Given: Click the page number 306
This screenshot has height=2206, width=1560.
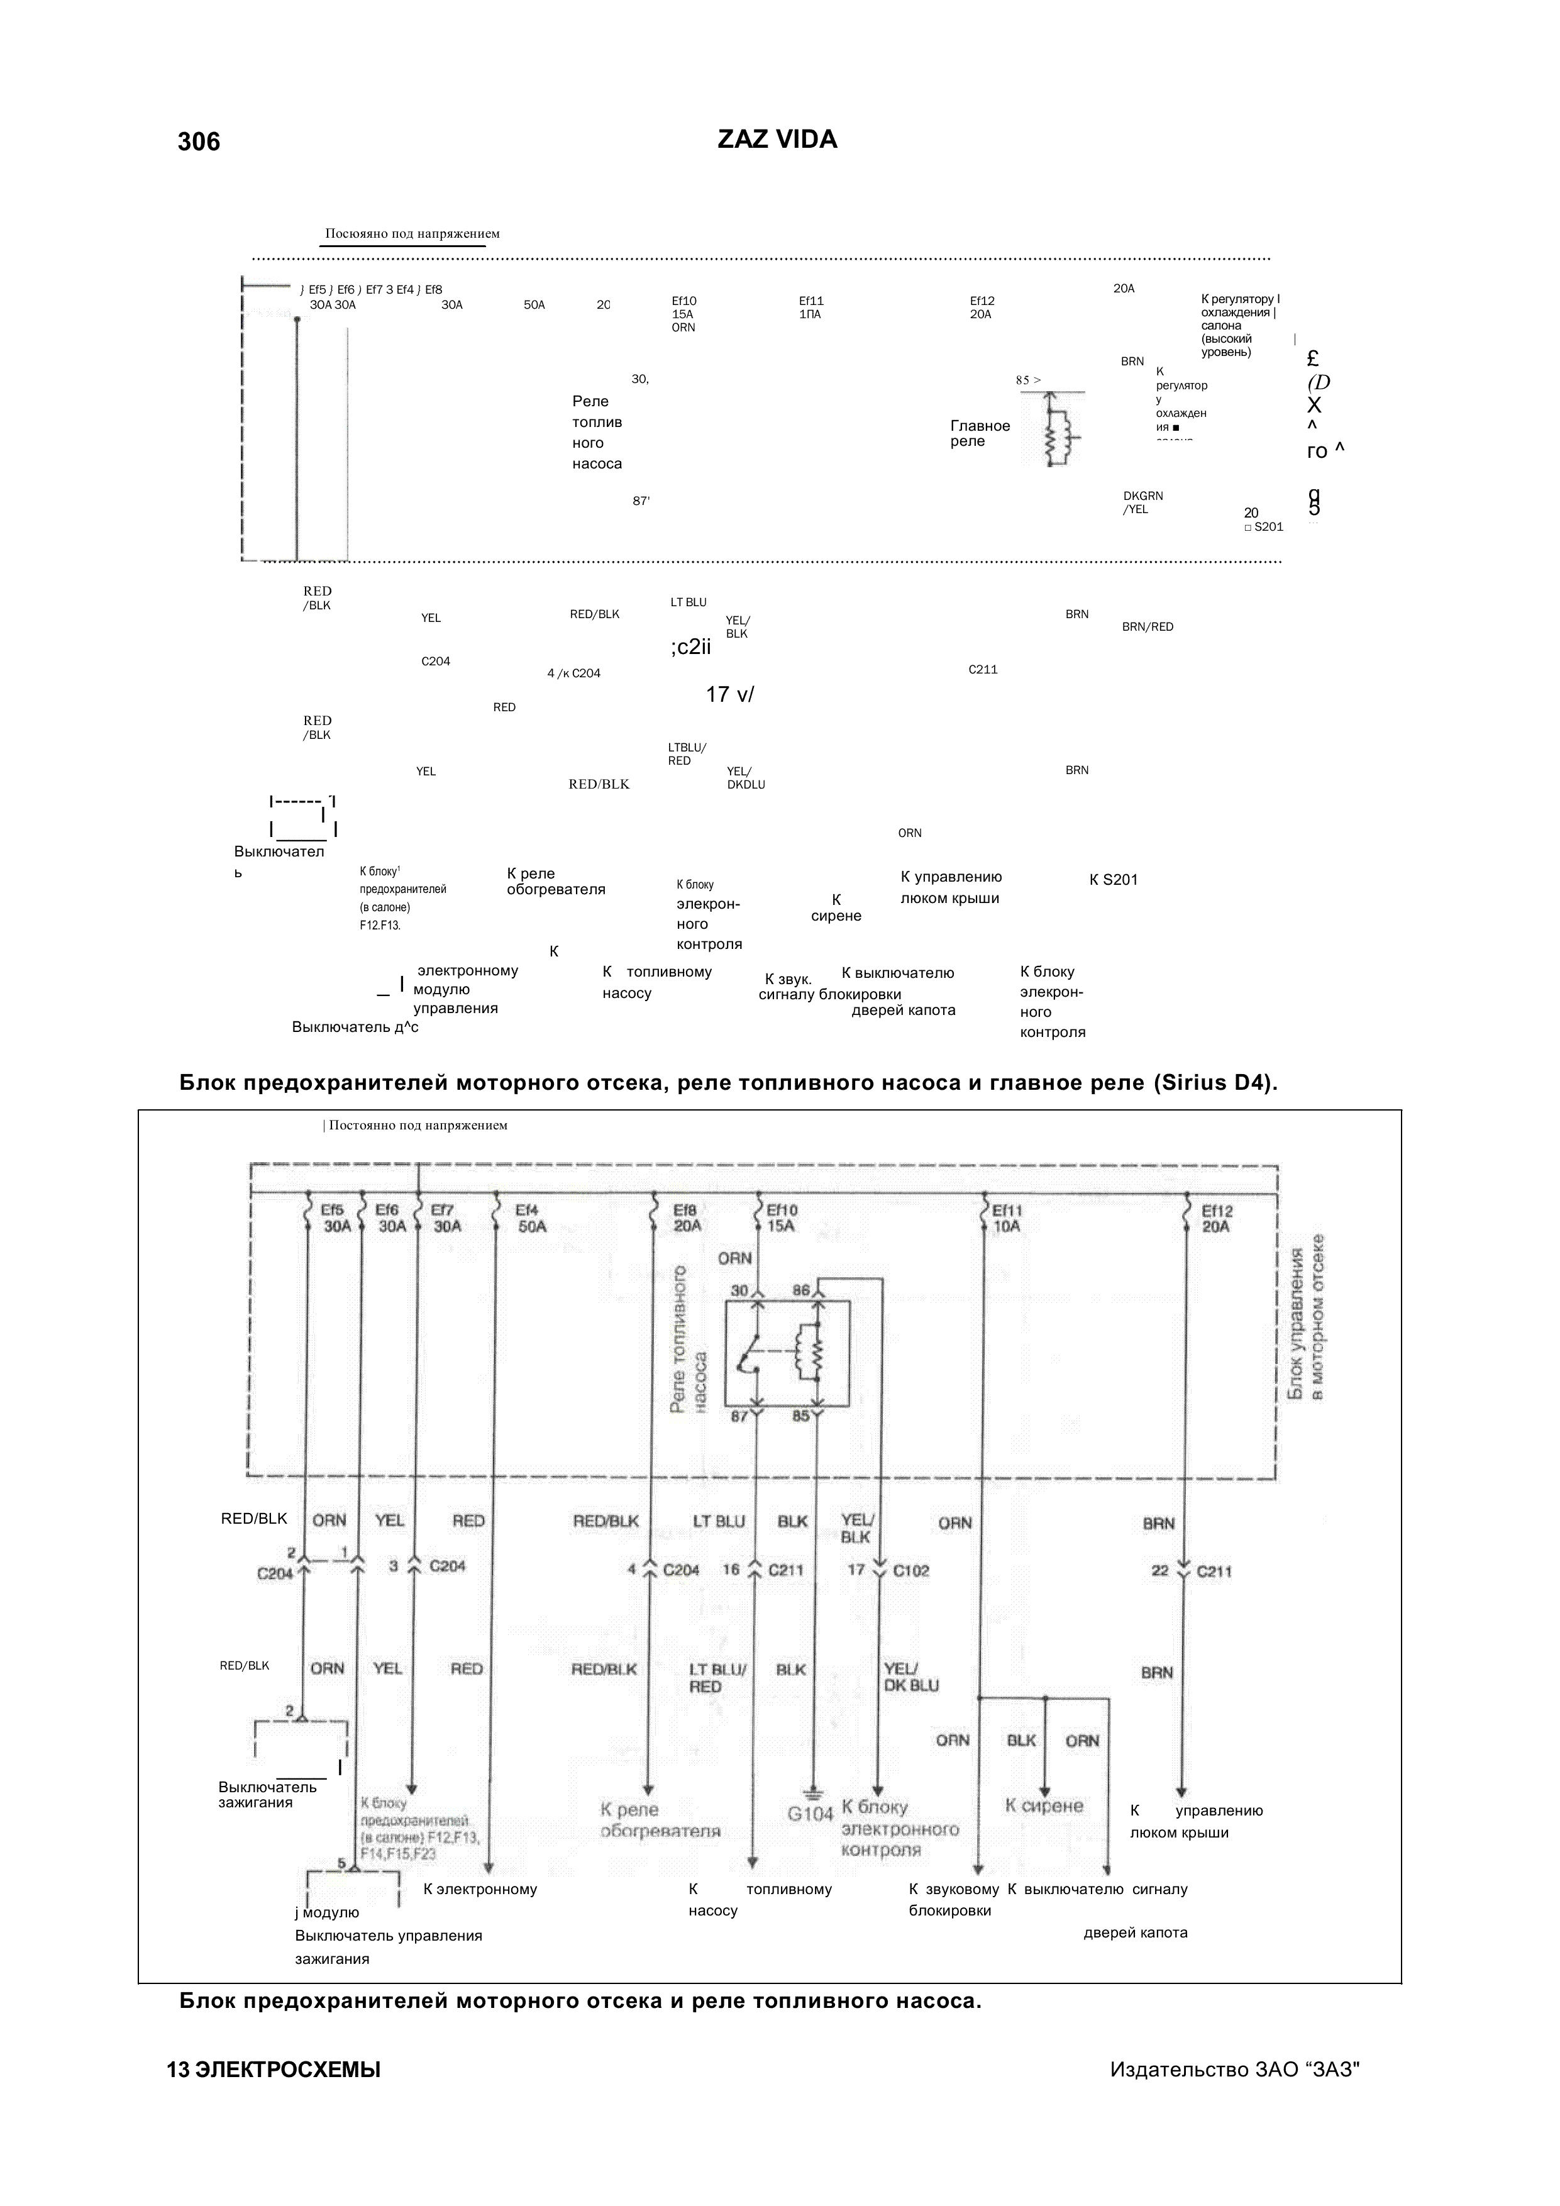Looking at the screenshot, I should tap(199, 142).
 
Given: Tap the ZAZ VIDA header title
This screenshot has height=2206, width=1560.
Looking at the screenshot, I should tap(777, 140).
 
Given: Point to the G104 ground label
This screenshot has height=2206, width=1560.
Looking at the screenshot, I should tap(810, 1814).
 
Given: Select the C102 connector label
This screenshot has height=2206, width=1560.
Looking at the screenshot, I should tap(910, 1571).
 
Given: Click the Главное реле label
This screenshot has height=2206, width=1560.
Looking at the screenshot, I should tap(980, 433).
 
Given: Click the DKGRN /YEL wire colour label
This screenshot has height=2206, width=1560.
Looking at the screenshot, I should tap(1142, 502).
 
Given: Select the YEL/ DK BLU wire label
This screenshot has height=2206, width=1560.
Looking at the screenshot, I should tap(910, 1678).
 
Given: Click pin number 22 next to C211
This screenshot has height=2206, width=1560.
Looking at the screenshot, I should tap(1159, 1571).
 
